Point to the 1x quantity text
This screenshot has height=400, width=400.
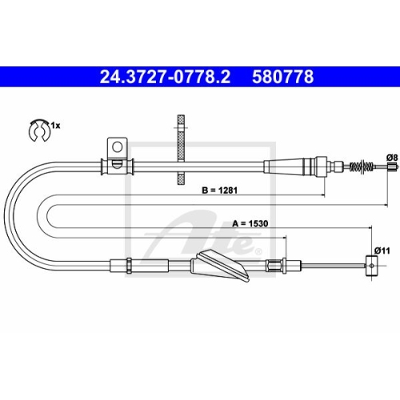click(56, 126)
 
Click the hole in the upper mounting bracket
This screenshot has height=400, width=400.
click(117, 146)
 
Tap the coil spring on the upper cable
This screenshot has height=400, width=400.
click(363, 166)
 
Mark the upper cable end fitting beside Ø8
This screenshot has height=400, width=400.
click(390, 166)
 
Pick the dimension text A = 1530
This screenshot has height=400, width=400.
click(249, 225)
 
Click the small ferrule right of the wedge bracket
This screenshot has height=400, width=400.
click(274, 266)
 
